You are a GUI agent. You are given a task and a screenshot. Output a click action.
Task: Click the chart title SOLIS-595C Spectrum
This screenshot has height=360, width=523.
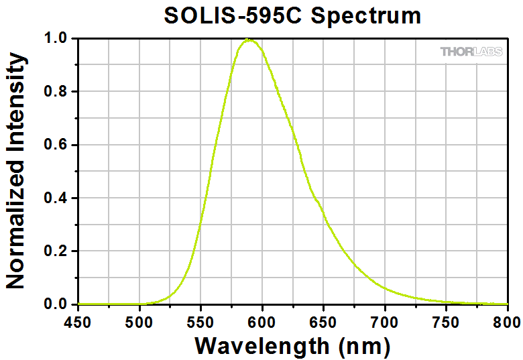pyautogui.click(x=293, y=15)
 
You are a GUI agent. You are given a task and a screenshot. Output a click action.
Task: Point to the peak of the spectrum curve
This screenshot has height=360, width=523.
pyautogui.click(x=249, y=40)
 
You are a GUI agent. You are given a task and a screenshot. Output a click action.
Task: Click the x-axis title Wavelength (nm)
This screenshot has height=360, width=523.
pyautogui.click(x=292, y=345)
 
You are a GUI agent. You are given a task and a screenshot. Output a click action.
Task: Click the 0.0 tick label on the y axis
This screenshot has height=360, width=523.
pyautogui.click(x=56, y=305)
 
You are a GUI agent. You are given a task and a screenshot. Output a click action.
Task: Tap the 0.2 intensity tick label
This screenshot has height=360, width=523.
pyautogui.click(x=56, y=251)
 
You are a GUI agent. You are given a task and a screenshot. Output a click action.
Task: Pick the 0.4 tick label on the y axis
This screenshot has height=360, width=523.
pyautogui.click(x=56, y=198)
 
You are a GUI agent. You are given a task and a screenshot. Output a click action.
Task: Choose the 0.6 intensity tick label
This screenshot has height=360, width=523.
pyautogui.click(x=56, y=145)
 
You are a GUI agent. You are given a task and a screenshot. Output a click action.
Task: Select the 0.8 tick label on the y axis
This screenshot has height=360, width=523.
pyautogui.click(x=56, y=92)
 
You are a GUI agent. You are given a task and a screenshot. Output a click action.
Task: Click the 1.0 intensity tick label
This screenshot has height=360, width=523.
pyautogui.click(x=56, y=39)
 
